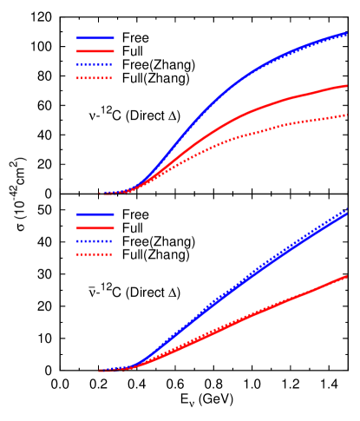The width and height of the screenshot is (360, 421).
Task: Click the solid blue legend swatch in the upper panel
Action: (95, 38)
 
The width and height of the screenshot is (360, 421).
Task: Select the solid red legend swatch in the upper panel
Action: (95, 51)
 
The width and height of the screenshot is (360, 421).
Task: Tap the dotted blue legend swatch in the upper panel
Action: (95, 65)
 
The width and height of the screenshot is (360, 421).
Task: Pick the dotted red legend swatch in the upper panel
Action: (95, 78)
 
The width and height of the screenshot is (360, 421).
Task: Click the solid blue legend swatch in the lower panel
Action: (95, 214)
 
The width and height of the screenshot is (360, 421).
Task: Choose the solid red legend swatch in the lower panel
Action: (95, 227)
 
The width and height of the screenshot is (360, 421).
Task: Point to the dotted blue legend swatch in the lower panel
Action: (95, 241)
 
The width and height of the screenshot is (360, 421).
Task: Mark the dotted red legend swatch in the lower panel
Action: (95, 254)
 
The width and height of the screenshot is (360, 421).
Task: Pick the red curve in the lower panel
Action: (260, 312)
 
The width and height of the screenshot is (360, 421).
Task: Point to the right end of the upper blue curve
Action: (347, 33)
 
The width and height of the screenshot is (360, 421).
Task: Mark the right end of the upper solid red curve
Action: (347, 86)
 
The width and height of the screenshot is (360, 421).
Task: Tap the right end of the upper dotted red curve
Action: (347, 115)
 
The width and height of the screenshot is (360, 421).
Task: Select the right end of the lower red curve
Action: (347, 276)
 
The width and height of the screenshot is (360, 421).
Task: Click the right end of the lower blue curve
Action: (347, 212)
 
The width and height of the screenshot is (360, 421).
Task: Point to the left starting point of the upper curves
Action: (100, 194)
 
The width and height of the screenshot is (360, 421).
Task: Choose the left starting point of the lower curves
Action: (100, 371)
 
